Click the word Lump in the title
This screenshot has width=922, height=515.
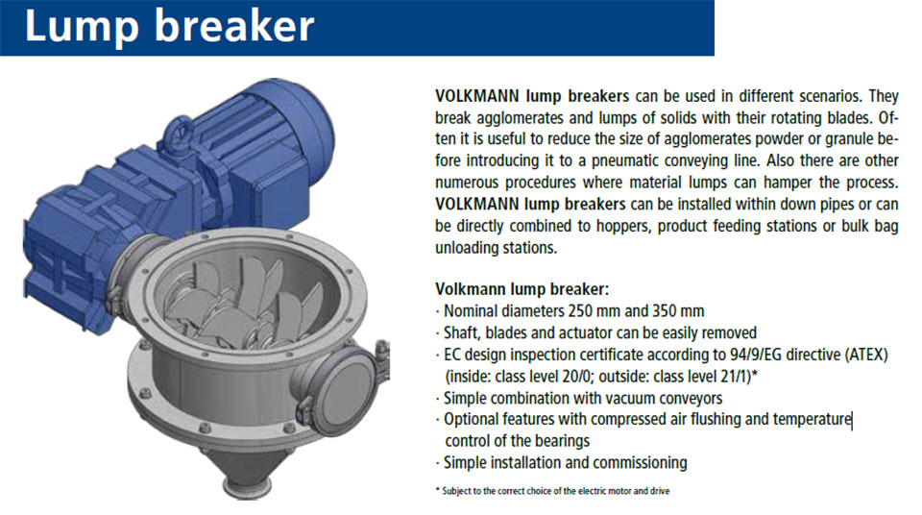pyautogui.click(x=81, y=27)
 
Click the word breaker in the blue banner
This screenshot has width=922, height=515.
pyautogui.click(x=234, y=25)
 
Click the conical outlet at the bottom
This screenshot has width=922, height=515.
pyautogui.click(x=247, y=470)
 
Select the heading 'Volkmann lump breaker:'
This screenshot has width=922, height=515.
pyautogui.click(x=522, y=289)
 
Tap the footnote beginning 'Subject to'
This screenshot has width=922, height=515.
pyautogui.click(x=553, y=491)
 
